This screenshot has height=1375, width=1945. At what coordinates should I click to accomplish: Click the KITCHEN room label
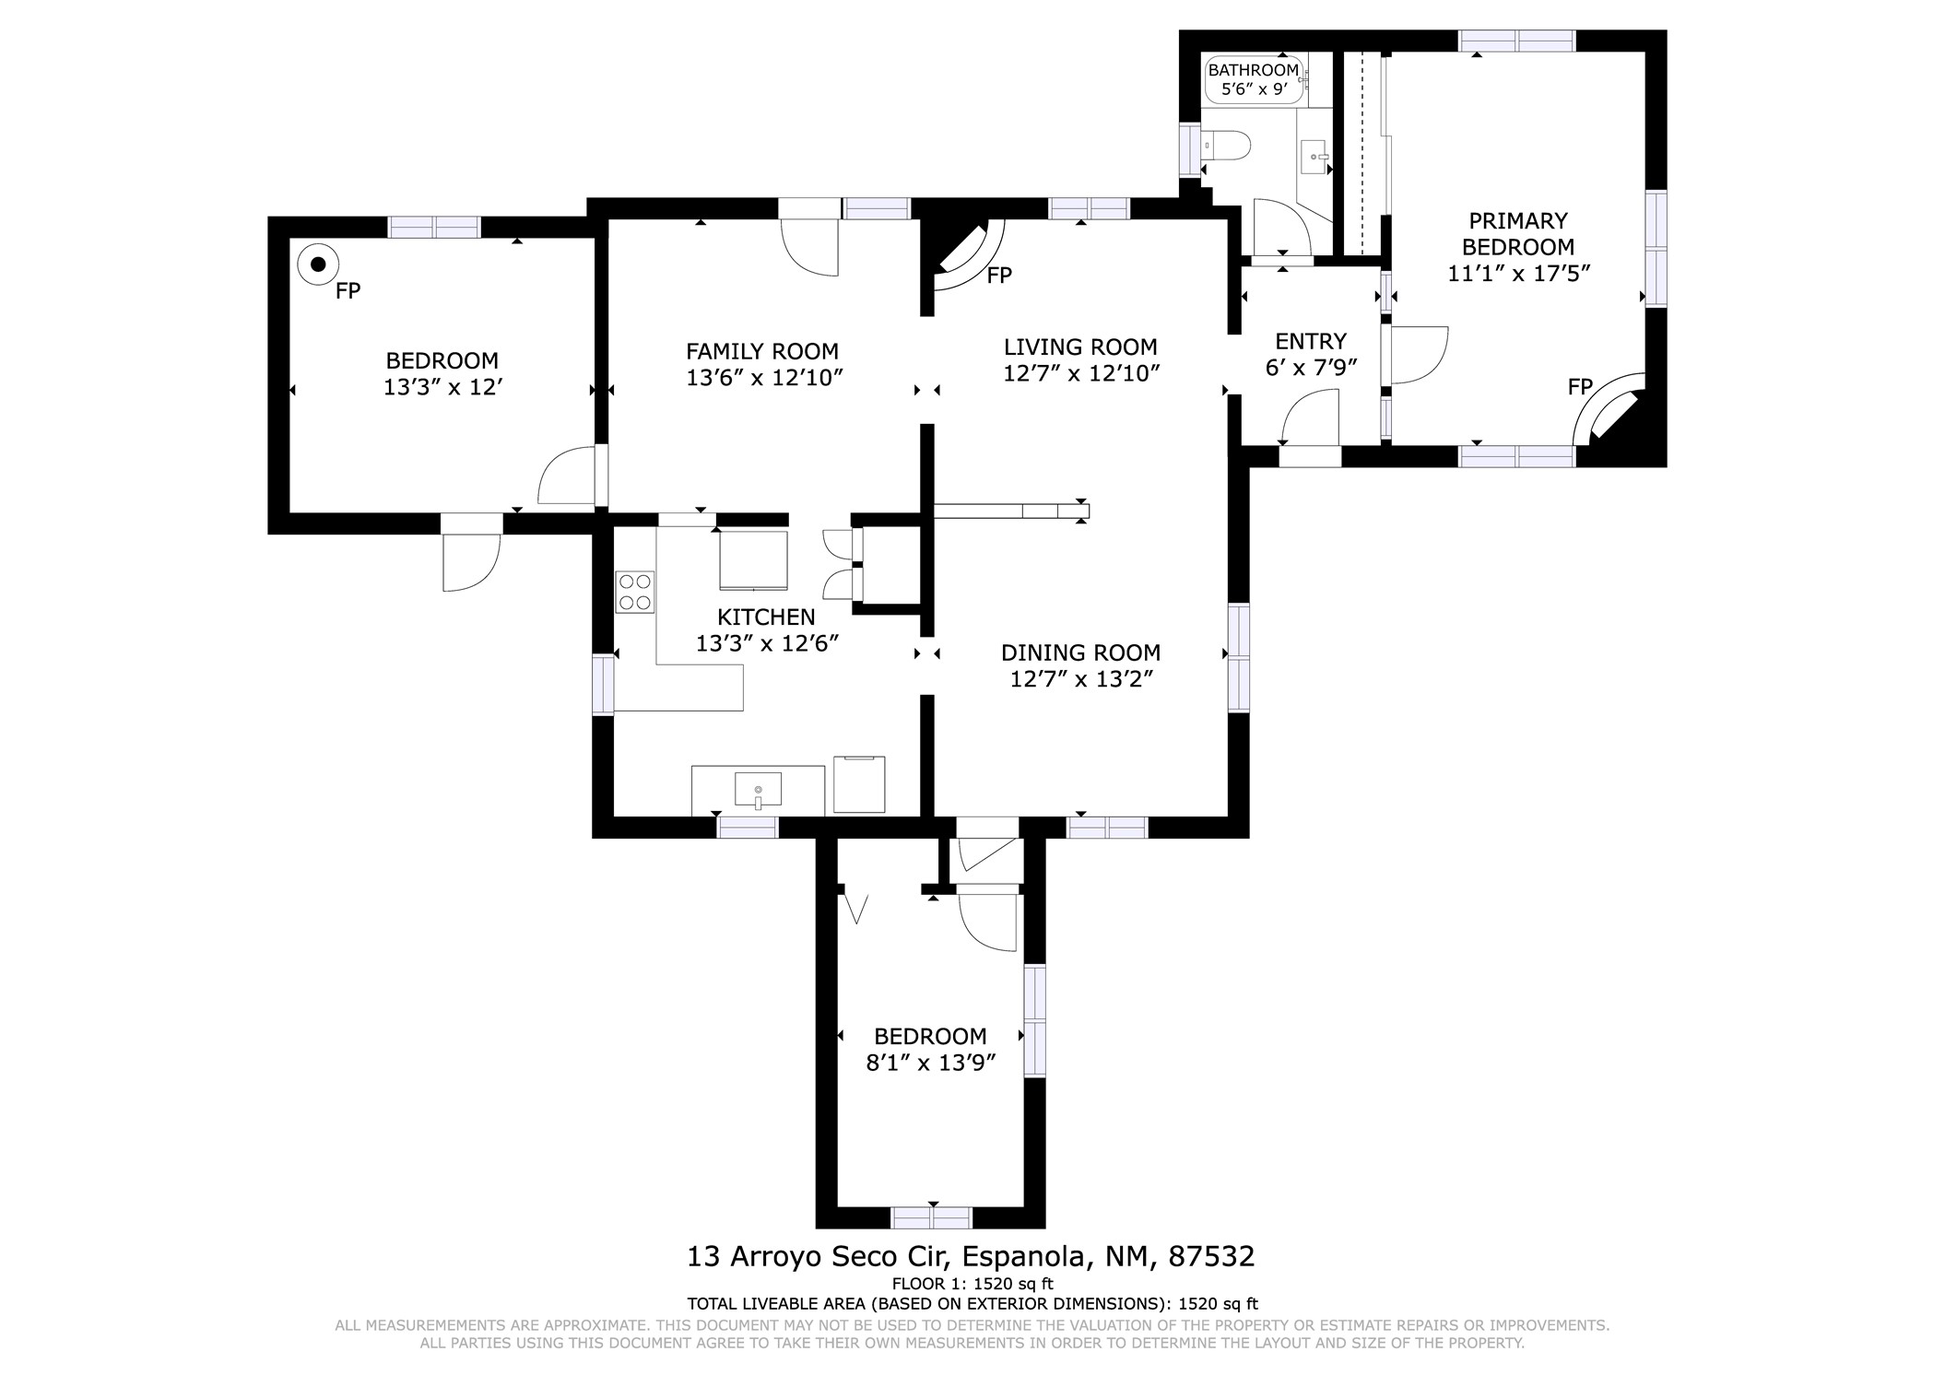[x=766, y=617]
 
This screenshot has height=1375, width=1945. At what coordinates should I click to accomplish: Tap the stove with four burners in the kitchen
[x=635, y=592]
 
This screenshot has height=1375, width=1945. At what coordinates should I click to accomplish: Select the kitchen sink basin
[x=758, y=791]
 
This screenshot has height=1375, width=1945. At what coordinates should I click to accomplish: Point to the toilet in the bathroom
[x=1227, y=146]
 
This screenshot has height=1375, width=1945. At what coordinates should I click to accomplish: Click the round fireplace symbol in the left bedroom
[x=318, y=264]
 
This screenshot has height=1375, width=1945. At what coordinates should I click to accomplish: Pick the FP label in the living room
[x=999, y=275]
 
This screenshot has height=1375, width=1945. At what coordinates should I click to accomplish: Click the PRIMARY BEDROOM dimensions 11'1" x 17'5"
[x=1519, y=274]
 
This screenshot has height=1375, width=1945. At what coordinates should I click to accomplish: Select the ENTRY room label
[x=1311, y=342]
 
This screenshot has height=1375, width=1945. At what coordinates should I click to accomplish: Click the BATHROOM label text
[x=1253, y=70]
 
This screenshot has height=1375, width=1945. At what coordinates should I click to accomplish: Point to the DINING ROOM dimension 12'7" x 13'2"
[x=1081, y=680]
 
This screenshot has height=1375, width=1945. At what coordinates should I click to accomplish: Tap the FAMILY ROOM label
[x=762, y=351]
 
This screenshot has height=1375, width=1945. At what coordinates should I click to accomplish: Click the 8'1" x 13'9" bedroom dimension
[x=931, y=1063]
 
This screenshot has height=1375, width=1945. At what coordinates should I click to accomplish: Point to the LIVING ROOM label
[x=1080, y=347]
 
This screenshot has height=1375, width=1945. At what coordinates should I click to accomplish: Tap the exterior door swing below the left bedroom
[x=471, y=562]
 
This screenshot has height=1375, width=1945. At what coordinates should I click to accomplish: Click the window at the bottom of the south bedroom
[x=931, y=1217]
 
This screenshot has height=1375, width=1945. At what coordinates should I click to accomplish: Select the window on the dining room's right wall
[x=1239, y=657]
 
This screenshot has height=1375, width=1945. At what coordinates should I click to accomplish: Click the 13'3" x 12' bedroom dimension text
[x=442, y=387]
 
